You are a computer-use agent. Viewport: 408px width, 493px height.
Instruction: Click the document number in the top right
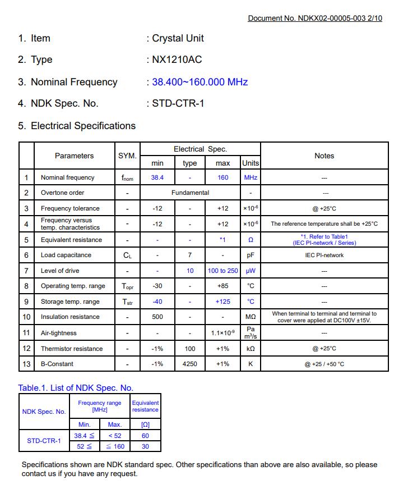(314, 18)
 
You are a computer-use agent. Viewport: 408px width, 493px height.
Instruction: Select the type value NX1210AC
(177, 60)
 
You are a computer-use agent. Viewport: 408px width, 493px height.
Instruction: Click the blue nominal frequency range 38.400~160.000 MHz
(200, 82)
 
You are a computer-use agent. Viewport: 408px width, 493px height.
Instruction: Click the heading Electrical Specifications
(83, 126)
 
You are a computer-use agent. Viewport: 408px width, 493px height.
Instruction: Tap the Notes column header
(324, 156)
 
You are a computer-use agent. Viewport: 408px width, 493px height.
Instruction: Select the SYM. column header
(127, 156)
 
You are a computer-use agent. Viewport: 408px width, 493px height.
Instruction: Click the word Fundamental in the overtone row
(190, 193)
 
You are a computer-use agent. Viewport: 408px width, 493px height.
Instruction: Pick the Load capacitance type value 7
(190, 255)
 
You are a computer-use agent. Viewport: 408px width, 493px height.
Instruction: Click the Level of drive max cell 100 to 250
(222, 271)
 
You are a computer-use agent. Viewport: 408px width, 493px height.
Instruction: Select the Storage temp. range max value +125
(222, 302)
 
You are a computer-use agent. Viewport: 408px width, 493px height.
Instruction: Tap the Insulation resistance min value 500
(157, 317)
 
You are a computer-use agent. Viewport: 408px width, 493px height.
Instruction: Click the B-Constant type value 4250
(190, 364)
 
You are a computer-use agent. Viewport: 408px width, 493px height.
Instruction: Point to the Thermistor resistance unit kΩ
(250, 349)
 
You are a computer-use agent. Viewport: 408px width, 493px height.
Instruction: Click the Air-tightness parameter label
(59, 333)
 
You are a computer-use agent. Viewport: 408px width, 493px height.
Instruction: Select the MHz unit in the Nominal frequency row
(250, 177)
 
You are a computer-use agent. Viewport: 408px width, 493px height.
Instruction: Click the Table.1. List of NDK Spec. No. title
(76, 388)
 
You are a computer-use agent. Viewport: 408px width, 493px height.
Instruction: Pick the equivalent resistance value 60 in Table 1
(145, 436)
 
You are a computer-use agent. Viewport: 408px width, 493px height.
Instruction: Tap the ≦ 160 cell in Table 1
(115, 446)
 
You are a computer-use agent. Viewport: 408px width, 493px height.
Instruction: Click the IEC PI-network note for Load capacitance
(324, 255)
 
